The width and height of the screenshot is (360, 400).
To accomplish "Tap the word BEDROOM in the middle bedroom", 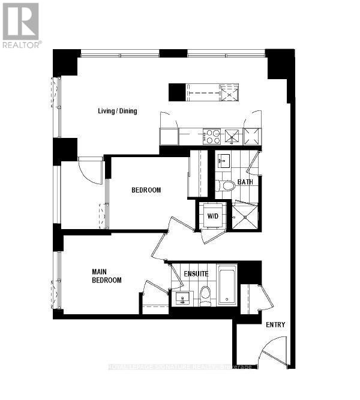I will [x=146, y=190].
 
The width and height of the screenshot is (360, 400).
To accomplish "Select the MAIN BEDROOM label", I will [x=107, y=276].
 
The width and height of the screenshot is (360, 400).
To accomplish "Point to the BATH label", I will [x=245, y=182].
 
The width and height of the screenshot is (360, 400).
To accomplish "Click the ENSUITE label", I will [x=196, y=274].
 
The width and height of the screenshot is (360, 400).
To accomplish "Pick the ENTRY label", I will [x=275, y=325].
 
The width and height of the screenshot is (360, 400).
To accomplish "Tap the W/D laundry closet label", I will [x=213, y=215].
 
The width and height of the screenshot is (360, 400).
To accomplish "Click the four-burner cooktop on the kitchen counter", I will [x=212, y=137].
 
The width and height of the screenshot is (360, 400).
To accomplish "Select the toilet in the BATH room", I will [x=226, y=185].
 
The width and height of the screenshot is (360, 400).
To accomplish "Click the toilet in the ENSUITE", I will [x=205, y=294].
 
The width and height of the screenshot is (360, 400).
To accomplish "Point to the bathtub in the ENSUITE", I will [x=227, y=285].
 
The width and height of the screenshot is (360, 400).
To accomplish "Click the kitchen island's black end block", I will [x=176, y=92].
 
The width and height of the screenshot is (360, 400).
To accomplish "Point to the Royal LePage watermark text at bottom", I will [x=180, y=366].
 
